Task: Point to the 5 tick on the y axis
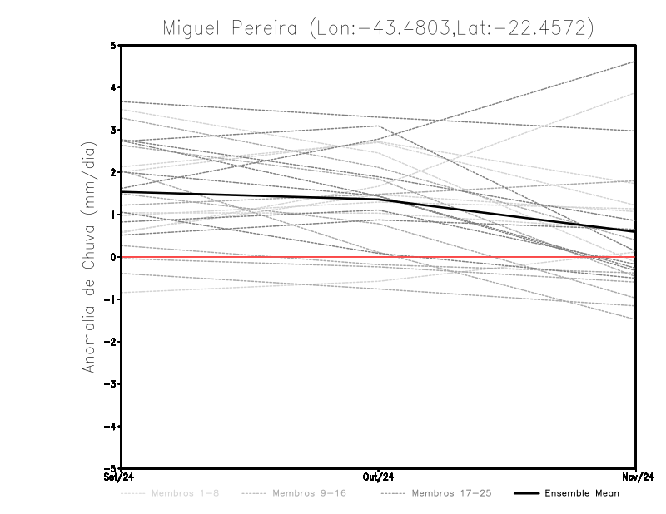click(x=114, y=45)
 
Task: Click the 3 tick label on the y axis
click(x=114, y=130)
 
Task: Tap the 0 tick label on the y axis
click(x=114, y=257)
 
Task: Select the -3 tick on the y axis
click(x=112, y=384)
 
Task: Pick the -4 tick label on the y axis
click(x=112, y=427)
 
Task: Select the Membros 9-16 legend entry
click(x=309, y=493)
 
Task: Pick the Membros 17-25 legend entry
click(x=452, y=493)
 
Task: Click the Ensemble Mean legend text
click(x=581, y=493)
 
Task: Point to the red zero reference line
click(x=250, y=258)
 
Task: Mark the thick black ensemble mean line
click(x=250, y=195)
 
